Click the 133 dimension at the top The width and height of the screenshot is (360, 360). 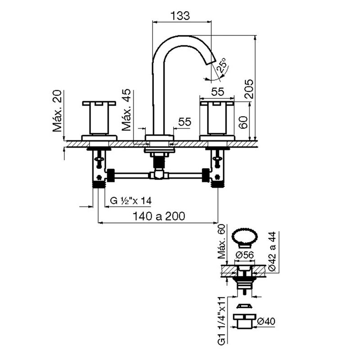pyautogui.click(x=180, y=16)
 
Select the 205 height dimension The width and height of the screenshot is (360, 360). pyautogui.click(x=249, y=89)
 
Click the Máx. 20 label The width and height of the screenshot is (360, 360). pyautogui.click(x=57, y=111)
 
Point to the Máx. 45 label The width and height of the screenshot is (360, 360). pyautogui.click(x=126, y=110)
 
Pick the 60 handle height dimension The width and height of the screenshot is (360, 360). pyautogui.click(x=243, y=122)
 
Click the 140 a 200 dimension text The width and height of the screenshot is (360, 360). pyautogui.click(x=159, y=216)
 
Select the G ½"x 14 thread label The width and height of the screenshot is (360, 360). pyautogui.click(x=130, y=201)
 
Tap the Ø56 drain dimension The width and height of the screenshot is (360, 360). pyautogui.click(x=245, y=255)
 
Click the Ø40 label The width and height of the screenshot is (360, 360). pyautogui.click(x=266, y=321)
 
